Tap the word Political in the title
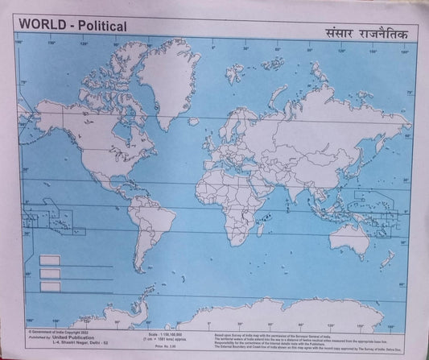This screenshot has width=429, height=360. pos(99,26)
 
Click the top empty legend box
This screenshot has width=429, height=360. pos(51,260)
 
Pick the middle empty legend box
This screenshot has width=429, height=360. pos(51,273)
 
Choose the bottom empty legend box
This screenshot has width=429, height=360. pos(51,286)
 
